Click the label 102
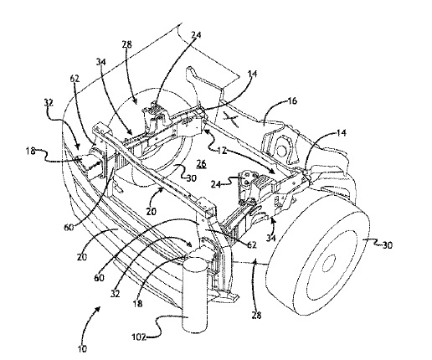(x=139, y=337)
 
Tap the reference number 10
(x=83, y=348)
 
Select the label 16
(x=292, y=100)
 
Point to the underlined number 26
(x=201, y=163)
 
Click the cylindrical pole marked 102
(x=195, y=295)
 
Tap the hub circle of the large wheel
(x=329, y=263)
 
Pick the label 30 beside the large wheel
(x=387, y=244)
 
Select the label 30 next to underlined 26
(x=192, y=177)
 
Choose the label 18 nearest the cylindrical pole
(x=137, y=303)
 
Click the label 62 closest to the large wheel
(x=251, y=244)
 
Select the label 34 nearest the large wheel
(x=270, y=238)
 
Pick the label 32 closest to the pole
(x=115, y=294)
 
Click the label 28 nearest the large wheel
(x=257, y=316)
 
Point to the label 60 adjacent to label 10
(x=100, y=277)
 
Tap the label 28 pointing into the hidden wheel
(x=126, y=44)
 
